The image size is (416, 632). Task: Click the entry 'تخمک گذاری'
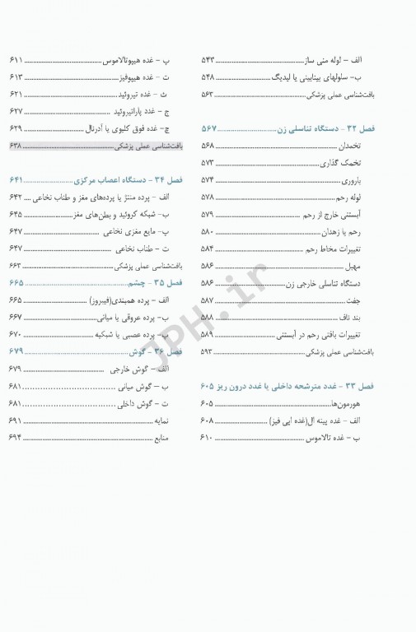tap(380, 162)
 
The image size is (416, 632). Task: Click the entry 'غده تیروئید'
tap(154, 95)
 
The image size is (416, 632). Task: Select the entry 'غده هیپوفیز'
tap(152, 77)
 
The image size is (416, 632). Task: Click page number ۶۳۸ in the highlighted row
tap(16, 146)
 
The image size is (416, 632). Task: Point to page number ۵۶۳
tap(209, 95)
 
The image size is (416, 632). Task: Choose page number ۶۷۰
tap(16, 335)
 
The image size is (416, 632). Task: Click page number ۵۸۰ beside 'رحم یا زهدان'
tap(208, 231)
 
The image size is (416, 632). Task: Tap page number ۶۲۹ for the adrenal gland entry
tap(16, 129)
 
